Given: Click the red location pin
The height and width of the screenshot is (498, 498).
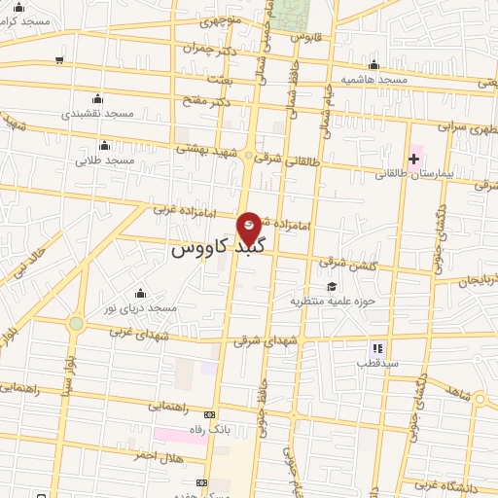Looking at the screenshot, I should point(250,229).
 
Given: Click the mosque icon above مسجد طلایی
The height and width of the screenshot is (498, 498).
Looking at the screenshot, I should point(104,145).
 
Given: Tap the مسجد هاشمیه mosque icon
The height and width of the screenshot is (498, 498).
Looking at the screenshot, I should point(373,65).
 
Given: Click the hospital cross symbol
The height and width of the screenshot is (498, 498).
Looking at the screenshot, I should point(413,158).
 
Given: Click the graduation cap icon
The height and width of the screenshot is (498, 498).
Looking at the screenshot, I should point(333,286).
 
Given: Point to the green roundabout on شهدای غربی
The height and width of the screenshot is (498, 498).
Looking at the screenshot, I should point(76,323).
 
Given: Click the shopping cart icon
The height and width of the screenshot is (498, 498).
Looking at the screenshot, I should point(60,60).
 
